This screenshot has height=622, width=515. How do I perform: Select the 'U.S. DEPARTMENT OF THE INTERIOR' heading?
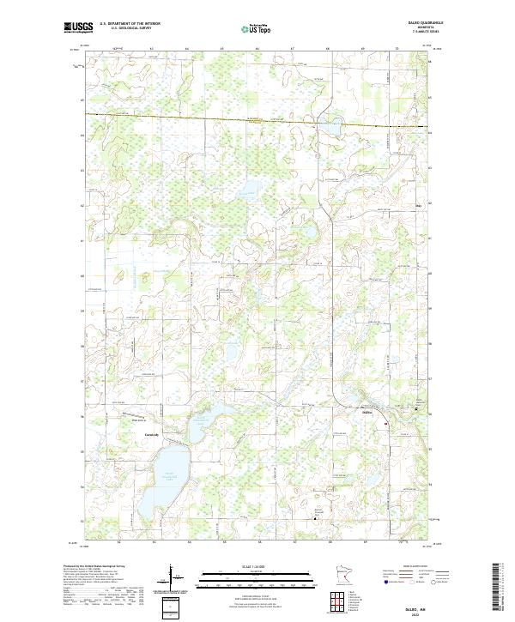tap(130, 24)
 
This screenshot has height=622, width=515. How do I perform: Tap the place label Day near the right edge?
tap(420, 206)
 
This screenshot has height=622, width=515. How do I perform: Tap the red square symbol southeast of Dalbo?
tap(386, 423)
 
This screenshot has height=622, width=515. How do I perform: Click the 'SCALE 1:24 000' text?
tap(257, 565)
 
